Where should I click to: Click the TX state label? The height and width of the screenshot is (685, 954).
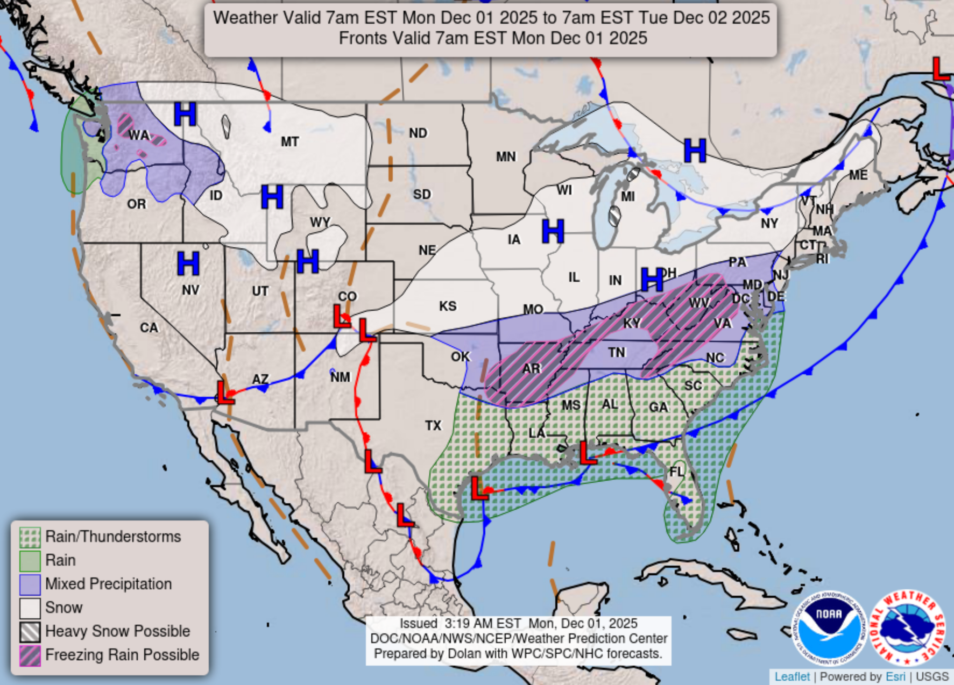433,426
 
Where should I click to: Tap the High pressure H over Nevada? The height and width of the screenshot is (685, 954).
188,263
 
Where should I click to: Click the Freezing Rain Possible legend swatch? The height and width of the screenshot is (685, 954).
30,655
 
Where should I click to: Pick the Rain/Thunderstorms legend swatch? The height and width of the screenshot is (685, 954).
30,537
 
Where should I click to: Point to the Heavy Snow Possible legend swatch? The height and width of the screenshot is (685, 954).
30,631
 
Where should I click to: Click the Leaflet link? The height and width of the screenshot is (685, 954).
792,676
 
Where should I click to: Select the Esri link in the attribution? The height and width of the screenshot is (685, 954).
895,676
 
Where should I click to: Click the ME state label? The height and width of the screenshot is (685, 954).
858,175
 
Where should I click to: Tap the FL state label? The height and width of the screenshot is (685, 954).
676,472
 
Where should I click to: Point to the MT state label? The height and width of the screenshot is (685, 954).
289,142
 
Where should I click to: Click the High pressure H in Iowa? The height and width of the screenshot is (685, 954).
553,231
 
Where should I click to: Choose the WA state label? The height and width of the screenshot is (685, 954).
138,135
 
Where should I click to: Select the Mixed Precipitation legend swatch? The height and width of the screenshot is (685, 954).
30,584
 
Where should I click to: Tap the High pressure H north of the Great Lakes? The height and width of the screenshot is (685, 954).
695,151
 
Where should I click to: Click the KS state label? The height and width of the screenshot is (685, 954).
448,306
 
